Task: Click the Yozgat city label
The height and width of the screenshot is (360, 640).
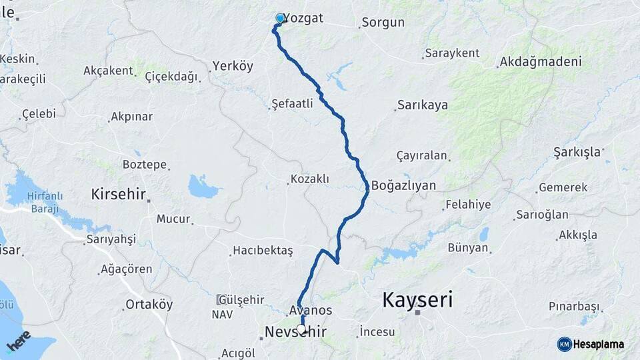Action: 304,19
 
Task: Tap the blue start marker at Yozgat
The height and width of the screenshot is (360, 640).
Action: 281,19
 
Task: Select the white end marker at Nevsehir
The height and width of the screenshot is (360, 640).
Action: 302,329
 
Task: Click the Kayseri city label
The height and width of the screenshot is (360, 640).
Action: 417,300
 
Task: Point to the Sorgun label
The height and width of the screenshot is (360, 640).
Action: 383,23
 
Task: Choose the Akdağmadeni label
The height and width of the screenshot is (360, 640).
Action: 541,62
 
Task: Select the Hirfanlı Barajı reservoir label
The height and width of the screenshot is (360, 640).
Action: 45,202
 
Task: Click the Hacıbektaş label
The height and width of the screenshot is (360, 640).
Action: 263,251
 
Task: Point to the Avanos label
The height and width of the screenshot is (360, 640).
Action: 311,311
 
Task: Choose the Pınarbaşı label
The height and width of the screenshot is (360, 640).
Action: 573,306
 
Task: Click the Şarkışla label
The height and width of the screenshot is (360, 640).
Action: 577,152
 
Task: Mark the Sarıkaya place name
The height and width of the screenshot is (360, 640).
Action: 423,105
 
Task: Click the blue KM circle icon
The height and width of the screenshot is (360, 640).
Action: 564,344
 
